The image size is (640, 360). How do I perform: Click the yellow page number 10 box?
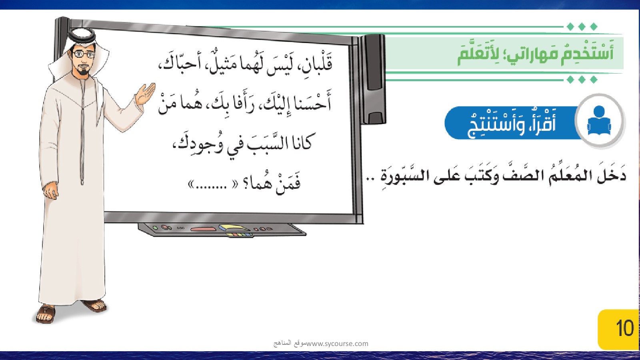tap(618, 330)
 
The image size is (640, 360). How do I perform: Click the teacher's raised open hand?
tap(145, 94)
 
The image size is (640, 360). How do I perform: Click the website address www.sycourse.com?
tap(337, 344)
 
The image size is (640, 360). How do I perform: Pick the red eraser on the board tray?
tap(203, 229)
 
